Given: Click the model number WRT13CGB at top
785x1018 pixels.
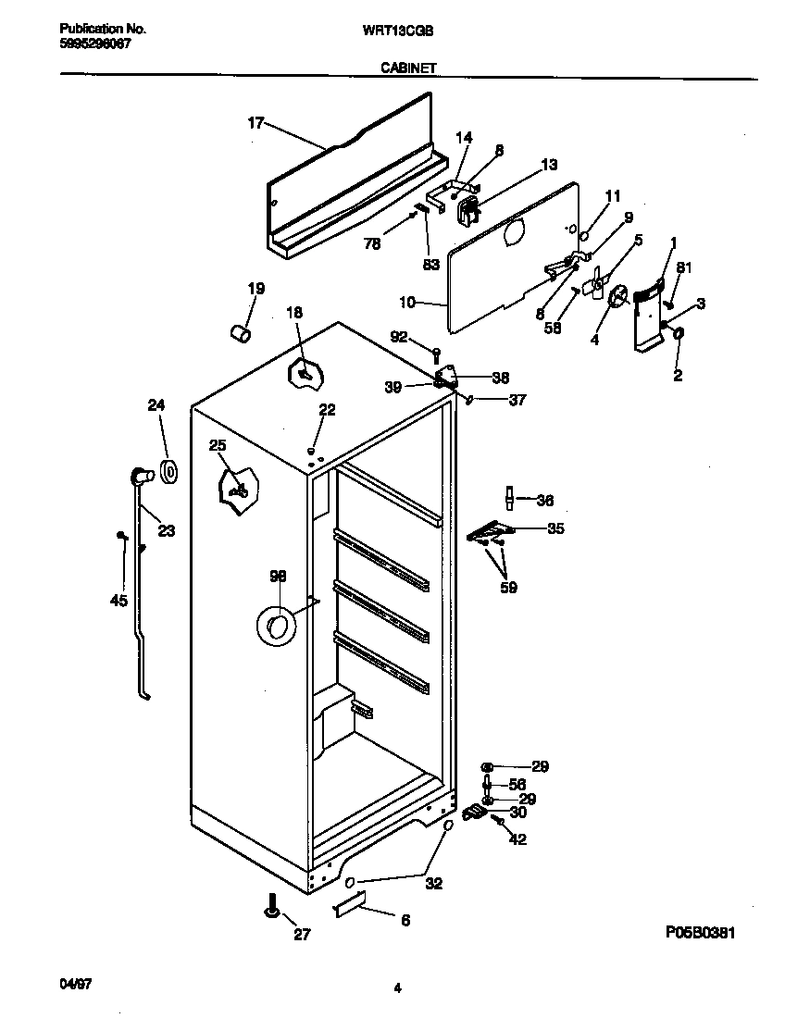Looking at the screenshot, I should coord(397,29).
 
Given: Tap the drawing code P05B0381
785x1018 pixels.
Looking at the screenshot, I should coord(701,934).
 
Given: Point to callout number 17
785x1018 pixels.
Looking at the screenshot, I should coord(256,121).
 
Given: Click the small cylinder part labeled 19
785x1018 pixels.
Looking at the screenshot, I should coord(242,332).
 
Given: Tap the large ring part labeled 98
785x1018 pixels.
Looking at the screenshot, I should coord(275,627).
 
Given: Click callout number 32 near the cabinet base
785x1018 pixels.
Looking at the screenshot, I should coord(433,883).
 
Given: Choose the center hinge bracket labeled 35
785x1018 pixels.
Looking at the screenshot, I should coord(491,531).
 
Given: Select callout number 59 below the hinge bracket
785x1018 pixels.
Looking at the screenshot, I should coord(508,587).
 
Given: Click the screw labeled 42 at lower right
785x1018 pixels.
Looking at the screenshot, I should coord(499,820).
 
